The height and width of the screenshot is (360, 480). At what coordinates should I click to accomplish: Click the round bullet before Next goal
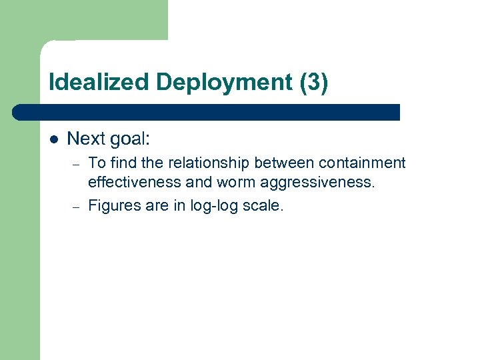54,139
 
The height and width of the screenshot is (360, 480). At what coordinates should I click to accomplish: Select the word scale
265,205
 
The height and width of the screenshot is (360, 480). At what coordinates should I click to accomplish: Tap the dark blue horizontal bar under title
207,112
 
